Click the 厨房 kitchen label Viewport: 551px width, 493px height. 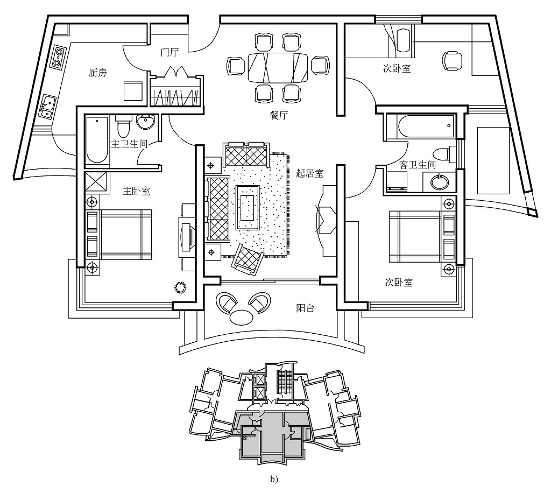pos(97,73)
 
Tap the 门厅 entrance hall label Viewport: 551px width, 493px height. pos(169,53)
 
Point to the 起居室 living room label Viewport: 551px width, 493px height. pos(310,173)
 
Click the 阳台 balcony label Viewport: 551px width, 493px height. pos(305,308)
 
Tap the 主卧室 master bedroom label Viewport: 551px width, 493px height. pos(136,191)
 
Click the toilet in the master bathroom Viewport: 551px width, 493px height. pos(123,128)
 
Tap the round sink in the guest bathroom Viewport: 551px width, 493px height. pos(440,181)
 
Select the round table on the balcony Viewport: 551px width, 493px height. pos(240,317)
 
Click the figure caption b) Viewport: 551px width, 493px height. pos(275,477)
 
